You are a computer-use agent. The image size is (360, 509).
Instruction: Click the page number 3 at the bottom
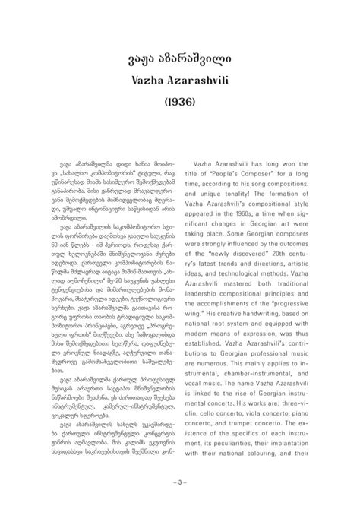pyautogui.click(x=180, y=481)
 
